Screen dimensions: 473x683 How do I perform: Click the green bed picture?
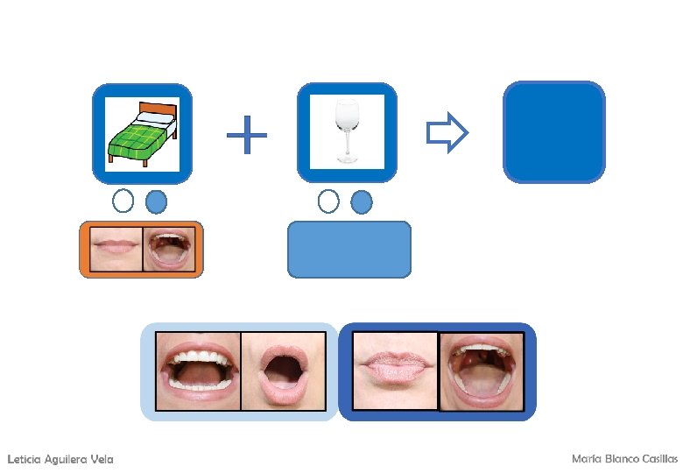142,133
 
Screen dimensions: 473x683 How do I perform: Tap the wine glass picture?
348,131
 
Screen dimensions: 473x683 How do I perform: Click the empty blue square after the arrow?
554,132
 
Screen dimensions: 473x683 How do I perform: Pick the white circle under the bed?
123,201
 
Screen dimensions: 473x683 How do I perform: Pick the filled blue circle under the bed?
156,202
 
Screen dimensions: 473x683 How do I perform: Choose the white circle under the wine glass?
328,201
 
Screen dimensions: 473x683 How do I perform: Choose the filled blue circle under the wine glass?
361,202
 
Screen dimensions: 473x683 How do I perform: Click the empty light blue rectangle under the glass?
349,250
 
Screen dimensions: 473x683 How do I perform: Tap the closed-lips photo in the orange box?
114,251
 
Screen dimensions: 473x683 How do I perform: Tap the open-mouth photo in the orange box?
169,251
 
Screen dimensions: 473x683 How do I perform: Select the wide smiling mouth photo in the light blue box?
198,371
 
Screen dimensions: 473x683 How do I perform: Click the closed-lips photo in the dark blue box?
395,371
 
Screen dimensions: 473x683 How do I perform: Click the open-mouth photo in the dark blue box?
481,371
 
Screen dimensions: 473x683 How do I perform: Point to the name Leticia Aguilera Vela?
60,460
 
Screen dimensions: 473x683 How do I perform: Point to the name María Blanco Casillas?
623,459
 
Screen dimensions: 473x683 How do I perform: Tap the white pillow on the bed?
155,117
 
